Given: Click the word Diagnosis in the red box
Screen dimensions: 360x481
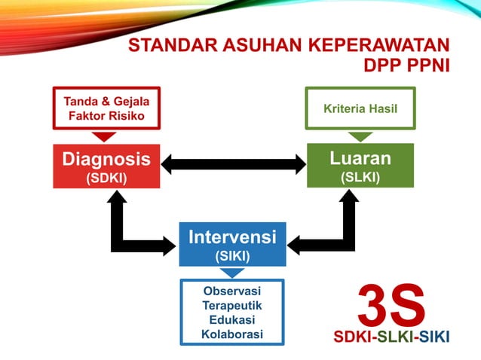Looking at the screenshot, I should (106, 159).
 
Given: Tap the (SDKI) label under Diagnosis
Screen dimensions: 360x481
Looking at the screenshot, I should (106, 178).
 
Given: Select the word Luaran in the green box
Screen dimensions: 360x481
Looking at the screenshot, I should (360, 158).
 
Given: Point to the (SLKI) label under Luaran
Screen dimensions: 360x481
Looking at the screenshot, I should (360, 177).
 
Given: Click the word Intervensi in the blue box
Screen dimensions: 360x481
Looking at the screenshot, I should (232, 237).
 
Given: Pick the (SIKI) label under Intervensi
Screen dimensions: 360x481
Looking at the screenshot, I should (232, 255).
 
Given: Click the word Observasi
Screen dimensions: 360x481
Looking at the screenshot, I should (232, 291).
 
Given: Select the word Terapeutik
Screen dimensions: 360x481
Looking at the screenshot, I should (232, 306).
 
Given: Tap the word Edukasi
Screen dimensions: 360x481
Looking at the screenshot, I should (232, 319).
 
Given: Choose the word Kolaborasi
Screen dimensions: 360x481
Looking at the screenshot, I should (232, 334).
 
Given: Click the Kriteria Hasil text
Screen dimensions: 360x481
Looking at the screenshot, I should (360, 108).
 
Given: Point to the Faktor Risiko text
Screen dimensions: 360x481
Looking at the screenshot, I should (106, 116).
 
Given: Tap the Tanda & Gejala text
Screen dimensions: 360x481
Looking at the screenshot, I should (106, 102).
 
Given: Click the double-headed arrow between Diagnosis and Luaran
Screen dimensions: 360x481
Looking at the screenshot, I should (233, 163).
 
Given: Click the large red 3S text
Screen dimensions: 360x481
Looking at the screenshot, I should (391, 304).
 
